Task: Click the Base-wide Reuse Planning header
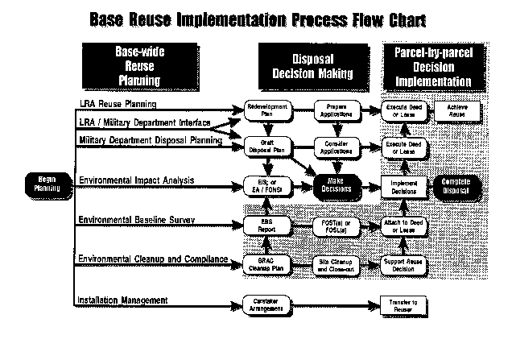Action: tap(134, 66)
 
